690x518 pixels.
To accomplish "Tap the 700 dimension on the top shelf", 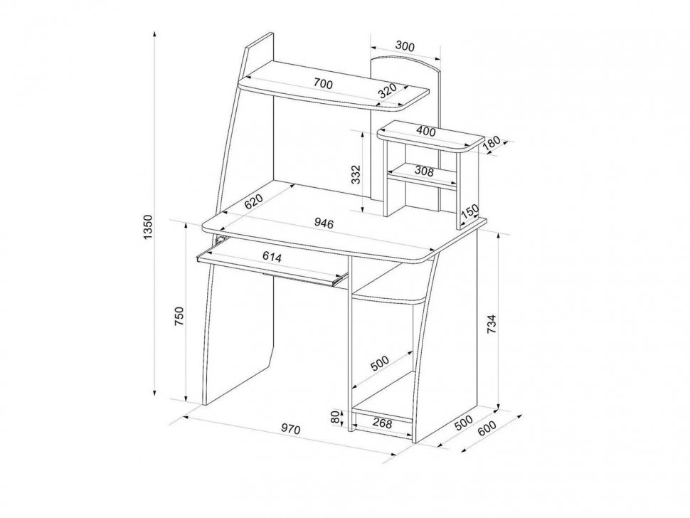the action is [323, 83].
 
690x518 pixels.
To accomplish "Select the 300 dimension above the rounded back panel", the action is [405, 46].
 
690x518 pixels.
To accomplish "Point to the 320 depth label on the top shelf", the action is [388, 90].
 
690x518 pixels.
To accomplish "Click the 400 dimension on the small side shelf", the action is [426, 131].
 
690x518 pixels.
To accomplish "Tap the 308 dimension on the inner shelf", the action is [424, 171].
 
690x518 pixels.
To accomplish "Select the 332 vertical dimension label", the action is [356, 174].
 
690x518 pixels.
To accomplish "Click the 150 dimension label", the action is [470, 212].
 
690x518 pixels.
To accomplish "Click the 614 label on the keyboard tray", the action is [272, 257].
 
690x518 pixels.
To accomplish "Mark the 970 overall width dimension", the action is [291, 428].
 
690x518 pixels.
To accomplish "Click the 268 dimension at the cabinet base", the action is [382, 423].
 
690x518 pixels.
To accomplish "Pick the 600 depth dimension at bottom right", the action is [487, 428].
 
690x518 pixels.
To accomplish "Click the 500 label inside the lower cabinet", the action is [380, 363].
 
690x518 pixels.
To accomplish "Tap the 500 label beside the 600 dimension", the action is [463, 423].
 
